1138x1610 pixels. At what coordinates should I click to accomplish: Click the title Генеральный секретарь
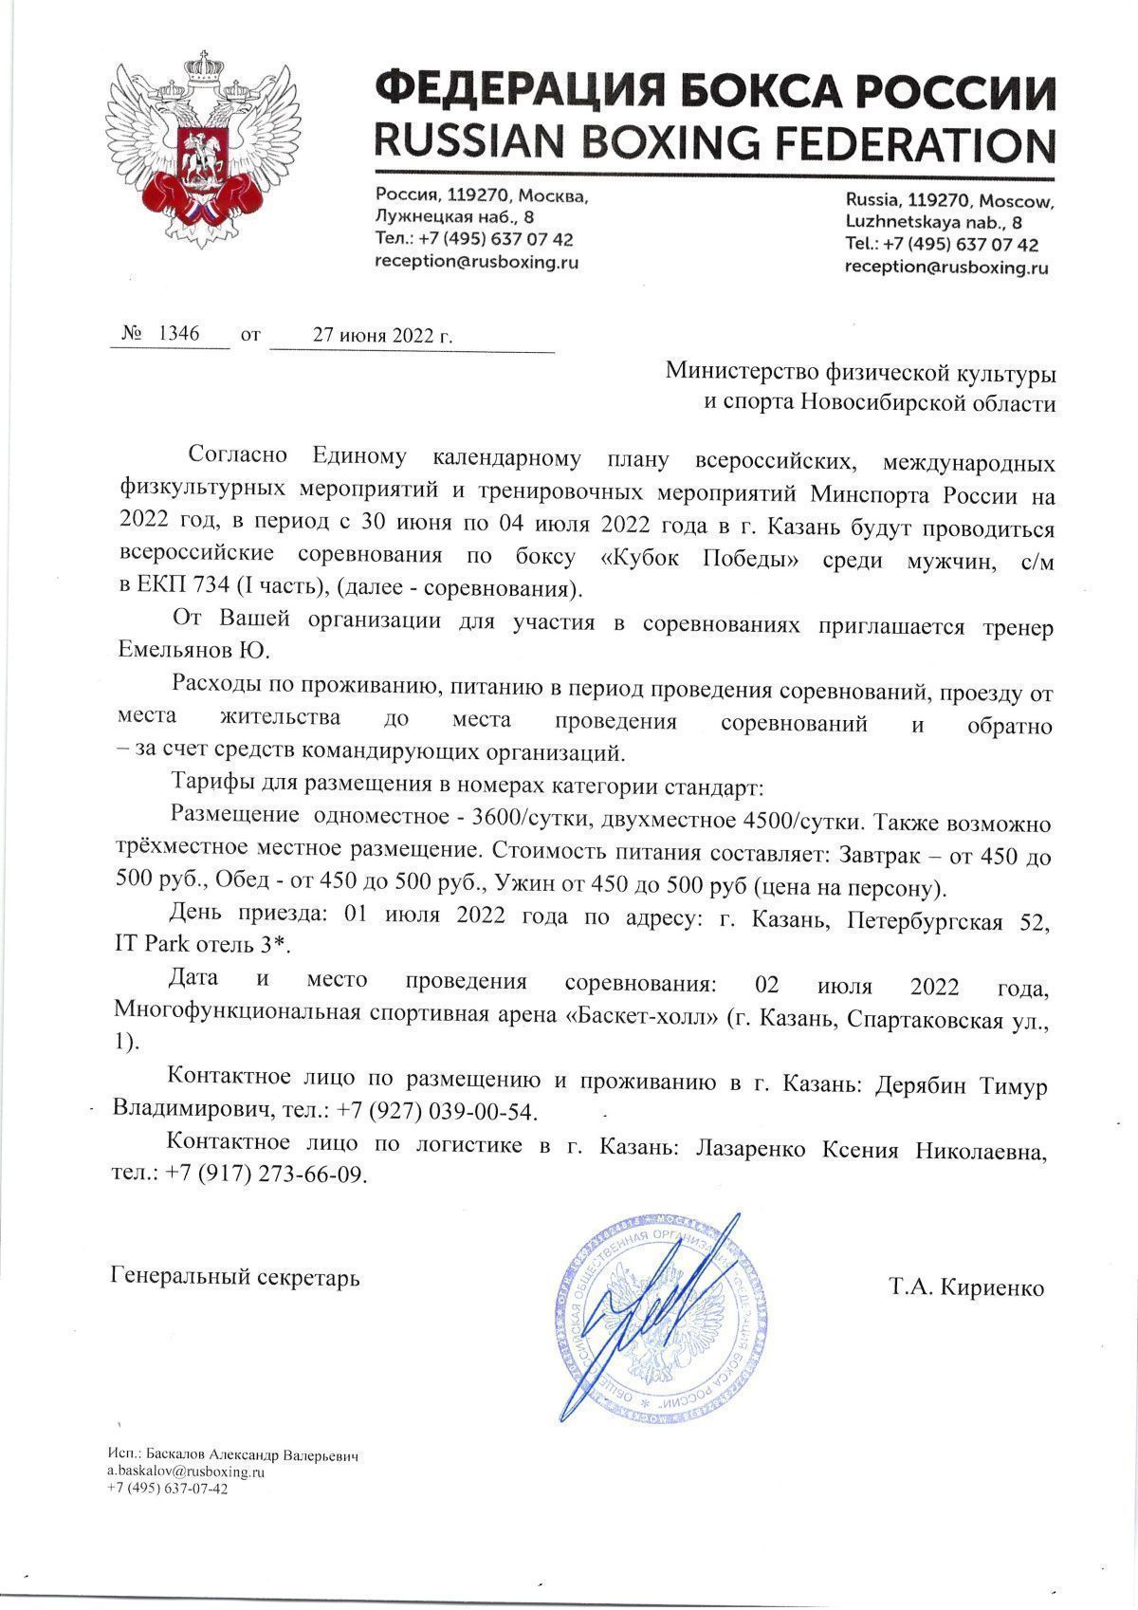(x=235, y=1277)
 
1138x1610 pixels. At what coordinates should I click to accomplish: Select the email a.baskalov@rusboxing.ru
(x=185, y=1471)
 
